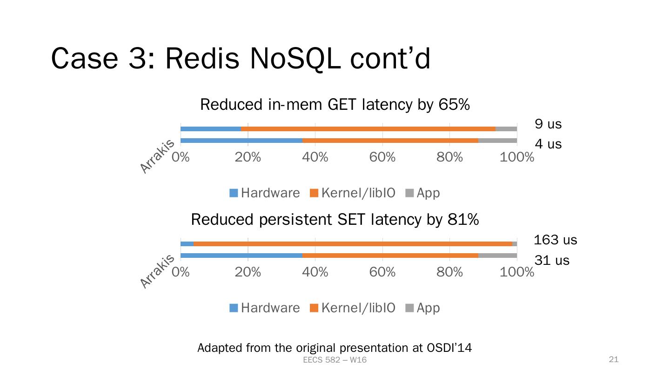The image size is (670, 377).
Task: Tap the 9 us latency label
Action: (548, 124)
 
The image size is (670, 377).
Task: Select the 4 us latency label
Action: (548, 144)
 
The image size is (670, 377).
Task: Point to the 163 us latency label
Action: (555, 240)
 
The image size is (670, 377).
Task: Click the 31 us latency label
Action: (551, 261)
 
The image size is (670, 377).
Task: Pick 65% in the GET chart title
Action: (454, 105)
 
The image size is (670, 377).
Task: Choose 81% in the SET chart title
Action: (463, 219)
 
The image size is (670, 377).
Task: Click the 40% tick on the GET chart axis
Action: (315, 157)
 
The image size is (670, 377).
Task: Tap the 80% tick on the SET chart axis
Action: (449, 272)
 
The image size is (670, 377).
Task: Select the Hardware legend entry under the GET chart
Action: (265, 193)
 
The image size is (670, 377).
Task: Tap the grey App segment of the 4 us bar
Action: (497, 141)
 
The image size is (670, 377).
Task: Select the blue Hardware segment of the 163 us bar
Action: (187, 243)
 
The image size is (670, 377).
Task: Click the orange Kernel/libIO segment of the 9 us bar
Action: (368, 129)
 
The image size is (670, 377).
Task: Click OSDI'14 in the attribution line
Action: (449, 348)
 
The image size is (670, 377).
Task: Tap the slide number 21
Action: (613, 359)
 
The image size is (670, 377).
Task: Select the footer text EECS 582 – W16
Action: (334, 360)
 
